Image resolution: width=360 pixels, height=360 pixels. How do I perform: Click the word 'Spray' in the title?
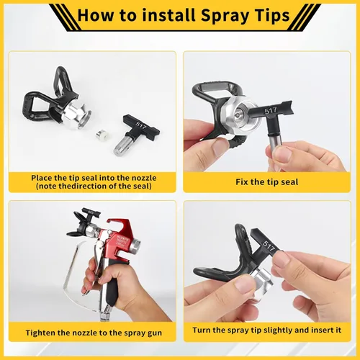pyautogui.click(x=225, y=16)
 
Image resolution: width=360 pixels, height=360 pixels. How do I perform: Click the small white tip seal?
pyautogui.click(x=101, y=135)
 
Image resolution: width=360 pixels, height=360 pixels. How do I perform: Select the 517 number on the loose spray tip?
pyautogui.click(x=140, y=125)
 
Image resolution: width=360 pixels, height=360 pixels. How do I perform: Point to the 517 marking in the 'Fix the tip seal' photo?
pyautogui.click(x=271, y=111)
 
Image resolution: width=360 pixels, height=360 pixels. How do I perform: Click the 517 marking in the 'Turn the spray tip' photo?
pyautogui.click(x=269, y=246)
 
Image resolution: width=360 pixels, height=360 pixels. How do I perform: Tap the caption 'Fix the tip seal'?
pyautogui.click(x=266, y=182)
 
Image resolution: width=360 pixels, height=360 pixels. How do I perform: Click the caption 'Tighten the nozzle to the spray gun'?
pyautogui.click(x=94, y=333)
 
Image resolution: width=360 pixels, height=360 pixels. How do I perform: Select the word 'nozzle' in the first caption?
pyautogui.click(x=143, y=178)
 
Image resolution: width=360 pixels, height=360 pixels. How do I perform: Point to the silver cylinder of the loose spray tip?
pyautogui.click(x=122, y=145)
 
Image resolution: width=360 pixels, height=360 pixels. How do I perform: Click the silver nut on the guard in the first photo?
pyautogui.click(x=76, y=114)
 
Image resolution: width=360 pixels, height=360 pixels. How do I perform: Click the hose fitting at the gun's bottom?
pyautogui.click(x=104, y=315)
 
